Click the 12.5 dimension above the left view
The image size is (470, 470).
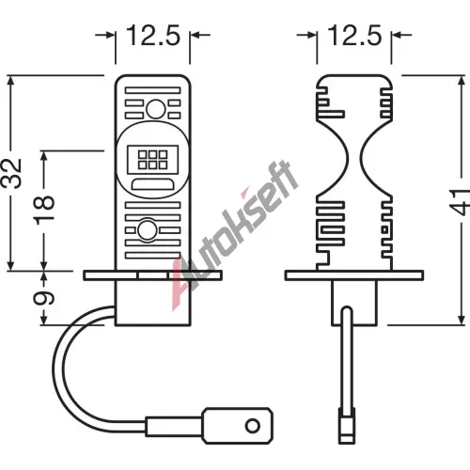[153, 35]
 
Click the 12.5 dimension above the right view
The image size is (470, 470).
[354, 35]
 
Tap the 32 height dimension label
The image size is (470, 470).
[11, 173]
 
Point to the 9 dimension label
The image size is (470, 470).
[44, 298]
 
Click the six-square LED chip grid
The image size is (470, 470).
[153, 160]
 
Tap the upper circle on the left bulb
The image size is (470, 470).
[156, 109]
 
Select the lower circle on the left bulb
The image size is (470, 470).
[148, 230]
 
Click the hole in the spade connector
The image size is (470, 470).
[253, 426]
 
